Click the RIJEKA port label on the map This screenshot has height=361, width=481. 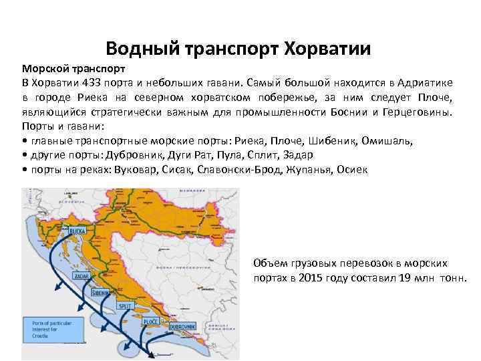[x=79, y=231]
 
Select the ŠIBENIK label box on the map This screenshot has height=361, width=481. [x=103, y=292]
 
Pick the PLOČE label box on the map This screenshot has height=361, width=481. [x=144, y=321]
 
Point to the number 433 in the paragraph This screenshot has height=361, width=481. [x=92, y=82]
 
